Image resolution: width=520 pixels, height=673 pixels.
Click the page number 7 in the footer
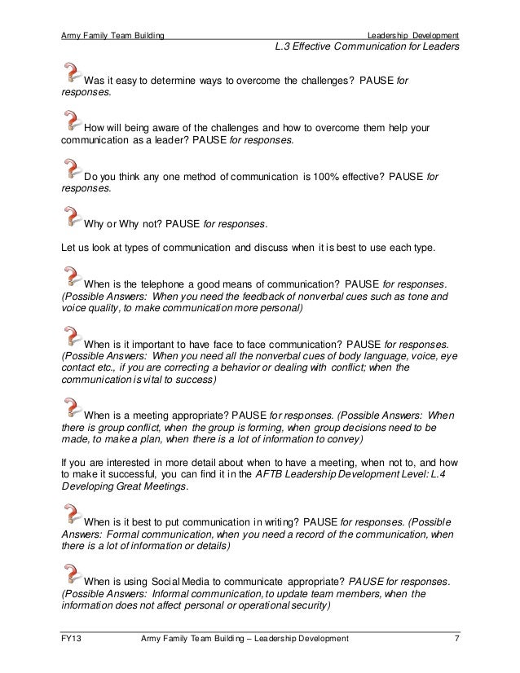457,638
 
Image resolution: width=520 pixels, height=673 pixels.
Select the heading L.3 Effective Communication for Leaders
368,47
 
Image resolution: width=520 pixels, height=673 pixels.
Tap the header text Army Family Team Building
113,35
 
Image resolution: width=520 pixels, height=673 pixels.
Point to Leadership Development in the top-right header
413,35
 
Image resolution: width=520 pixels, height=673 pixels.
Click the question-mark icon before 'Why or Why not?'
72,214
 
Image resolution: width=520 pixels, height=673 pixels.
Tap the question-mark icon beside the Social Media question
72,572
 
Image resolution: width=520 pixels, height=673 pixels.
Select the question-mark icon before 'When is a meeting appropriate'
72,405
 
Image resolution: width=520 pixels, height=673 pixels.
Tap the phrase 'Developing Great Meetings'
124,487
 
